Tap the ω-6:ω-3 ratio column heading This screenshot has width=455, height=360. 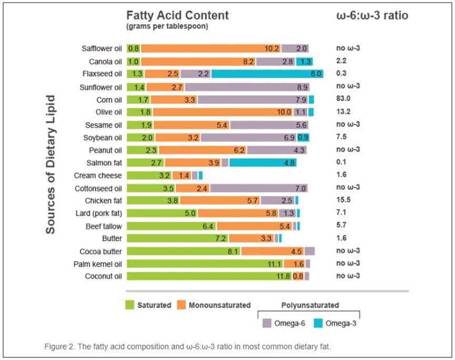[372, 15]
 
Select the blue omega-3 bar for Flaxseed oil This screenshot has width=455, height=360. [267, 74]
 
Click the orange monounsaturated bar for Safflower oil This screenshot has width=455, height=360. [210, 49]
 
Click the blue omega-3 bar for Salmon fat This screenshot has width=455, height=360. [262, 163]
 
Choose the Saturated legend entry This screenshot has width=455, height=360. [148, 305]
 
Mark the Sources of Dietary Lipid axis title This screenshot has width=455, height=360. [50, 164]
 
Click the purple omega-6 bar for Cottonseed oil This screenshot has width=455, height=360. [258, 188]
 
